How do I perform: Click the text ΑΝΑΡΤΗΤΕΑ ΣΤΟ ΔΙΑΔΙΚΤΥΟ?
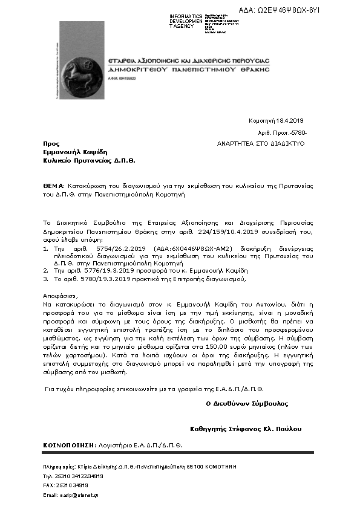261,144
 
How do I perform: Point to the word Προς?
51,144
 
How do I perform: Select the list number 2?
45,271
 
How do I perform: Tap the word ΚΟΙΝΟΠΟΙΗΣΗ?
68,445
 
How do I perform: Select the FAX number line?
65,485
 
